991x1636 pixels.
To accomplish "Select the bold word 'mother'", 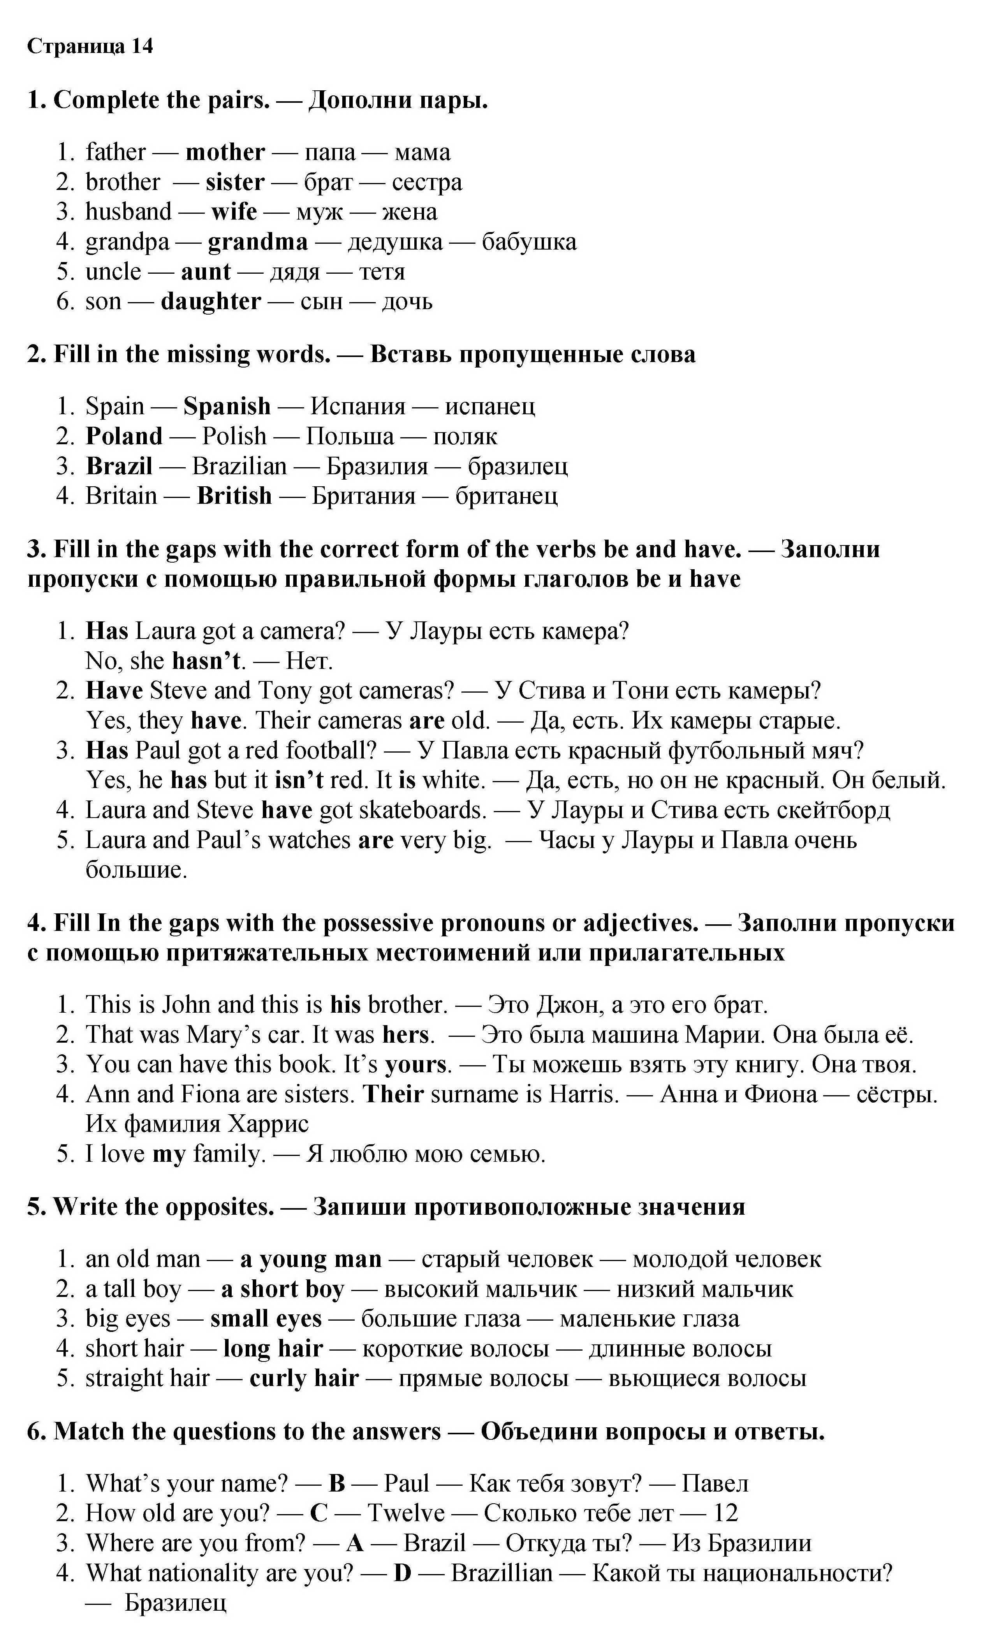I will (x=225, y=152).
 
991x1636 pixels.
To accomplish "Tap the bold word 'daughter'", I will (x=211, y=301).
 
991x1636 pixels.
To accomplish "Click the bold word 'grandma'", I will (x=258, y=242).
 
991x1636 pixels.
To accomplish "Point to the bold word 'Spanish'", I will (x=227, y=406).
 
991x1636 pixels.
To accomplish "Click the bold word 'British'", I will (x=234, y=495).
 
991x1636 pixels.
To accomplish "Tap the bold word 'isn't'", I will (x=298, y=779).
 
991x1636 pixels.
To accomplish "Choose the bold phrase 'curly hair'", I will (x=304, y=1378).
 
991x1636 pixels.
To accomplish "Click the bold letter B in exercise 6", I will (x=337, y=1483).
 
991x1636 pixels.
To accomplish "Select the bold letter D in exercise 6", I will (x=403, y=1573).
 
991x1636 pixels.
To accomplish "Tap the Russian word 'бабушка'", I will (x=529, y=242).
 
